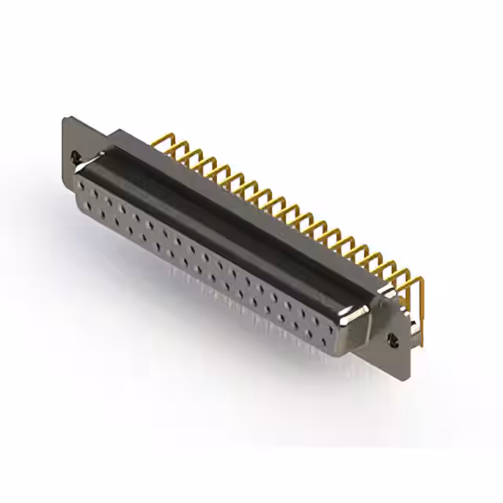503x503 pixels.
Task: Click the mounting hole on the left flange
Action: tap(76, 155)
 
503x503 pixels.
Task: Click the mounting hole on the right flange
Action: tap(394, 340)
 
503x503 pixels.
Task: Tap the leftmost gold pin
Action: tap(166, 141)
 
